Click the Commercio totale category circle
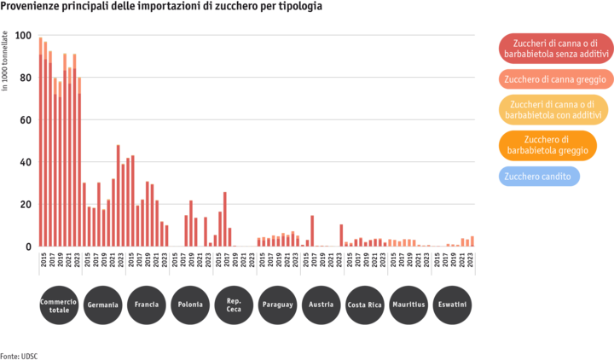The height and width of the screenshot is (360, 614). pyautogui.click(x=59, y=305)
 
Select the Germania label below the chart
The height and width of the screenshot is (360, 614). pyautogui.click(x=103, y=305)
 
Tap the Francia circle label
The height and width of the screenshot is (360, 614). pyautogui.click(x=147, y=305)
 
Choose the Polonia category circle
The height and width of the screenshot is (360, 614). pyautogui.click(x=190, y=305)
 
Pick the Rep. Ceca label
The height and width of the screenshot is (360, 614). pyautogui.click(x=235, y=305)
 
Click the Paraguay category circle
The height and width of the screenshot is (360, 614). pyautogui.click(x=278, y=305)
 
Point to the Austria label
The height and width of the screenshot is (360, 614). pyautogui.click(x=321, y=305)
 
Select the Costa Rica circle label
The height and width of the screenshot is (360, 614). pyautogui.click(x=366, y=305)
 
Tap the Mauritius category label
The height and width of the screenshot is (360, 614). pyautogui.click(x=409, y=305)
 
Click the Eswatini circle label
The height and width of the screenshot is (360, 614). pyautogui.click(x=453, y=305)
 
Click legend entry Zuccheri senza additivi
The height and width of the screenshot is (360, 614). pyautogui.click(x=553, y=48)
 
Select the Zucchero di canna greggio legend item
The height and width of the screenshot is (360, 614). pyautogui.click(x=554, y=79)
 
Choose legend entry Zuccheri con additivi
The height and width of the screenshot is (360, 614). pyautogui.click(x=554, y=108)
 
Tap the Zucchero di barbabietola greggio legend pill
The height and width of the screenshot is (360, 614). pyautogui.click(x=554, y=145)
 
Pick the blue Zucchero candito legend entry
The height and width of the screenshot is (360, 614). pyautogui.click(x=539, y=177)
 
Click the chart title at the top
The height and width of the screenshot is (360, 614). pyautogui.click(x=162, y=6)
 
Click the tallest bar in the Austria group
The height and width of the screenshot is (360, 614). pyautogui.click(x=312, y=230)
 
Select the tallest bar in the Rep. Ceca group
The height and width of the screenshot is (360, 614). pyautogui.click(x=225, y=218)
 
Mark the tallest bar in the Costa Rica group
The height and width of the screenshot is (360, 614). pyautogui.click(x=341, y=235)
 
